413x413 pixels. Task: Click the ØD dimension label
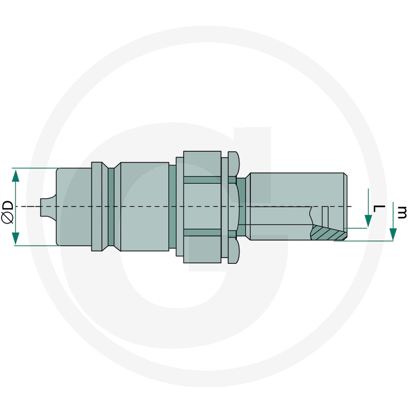pos(7,211)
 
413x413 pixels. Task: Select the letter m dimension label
pos(402,212)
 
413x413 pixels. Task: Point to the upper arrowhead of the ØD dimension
pos(15,174)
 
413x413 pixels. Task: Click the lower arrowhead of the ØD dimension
pos(15,239)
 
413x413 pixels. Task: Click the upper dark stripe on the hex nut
pos(202,180)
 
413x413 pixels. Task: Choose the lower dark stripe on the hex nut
pos(202,233)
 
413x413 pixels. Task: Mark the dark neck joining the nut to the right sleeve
pos(241,207)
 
